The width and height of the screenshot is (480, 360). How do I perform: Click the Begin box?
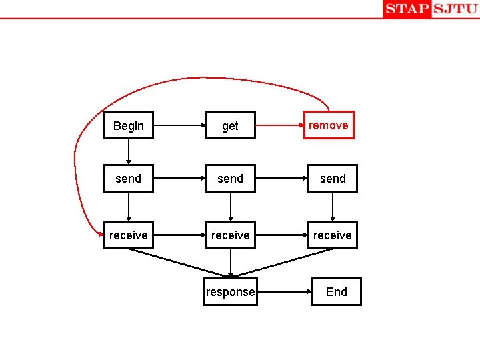click(x=128, y=125)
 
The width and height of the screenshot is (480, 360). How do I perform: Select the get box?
click(x=230, y=125)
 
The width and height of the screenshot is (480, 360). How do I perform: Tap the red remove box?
click(x=328, y=125)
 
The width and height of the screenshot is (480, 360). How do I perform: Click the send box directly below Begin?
click(x=128, y=179)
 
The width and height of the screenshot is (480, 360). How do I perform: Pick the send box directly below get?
click(x=230, y=179)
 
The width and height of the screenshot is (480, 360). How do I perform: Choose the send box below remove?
click(x=332, y=179)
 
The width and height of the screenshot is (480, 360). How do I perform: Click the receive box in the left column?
click(x=128, y=235)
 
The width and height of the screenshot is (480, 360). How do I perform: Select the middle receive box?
click(x=230, y=235)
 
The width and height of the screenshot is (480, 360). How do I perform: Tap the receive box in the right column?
click(x=332, y=235)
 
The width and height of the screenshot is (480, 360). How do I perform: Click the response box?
click(x=230, y=291)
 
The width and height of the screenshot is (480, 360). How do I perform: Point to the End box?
click(x=336, y=291)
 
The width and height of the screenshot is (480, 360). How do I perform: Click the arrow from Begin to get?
click(x=179, y=125)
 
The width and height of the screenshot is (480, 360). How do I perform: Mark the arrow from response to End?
click(x=283, y=291)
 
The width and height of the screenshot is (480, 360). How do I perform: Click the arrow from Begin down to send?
click(x=128, y=151)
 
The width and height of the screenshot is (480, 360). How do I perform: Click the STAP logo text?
click(x=407, y=9)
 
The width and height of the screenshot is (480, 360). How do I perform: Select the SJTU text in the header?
click(x=455, y=9)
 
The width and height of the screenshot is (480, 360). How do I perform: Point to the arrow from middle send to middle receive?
click(x=230, y=207)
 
